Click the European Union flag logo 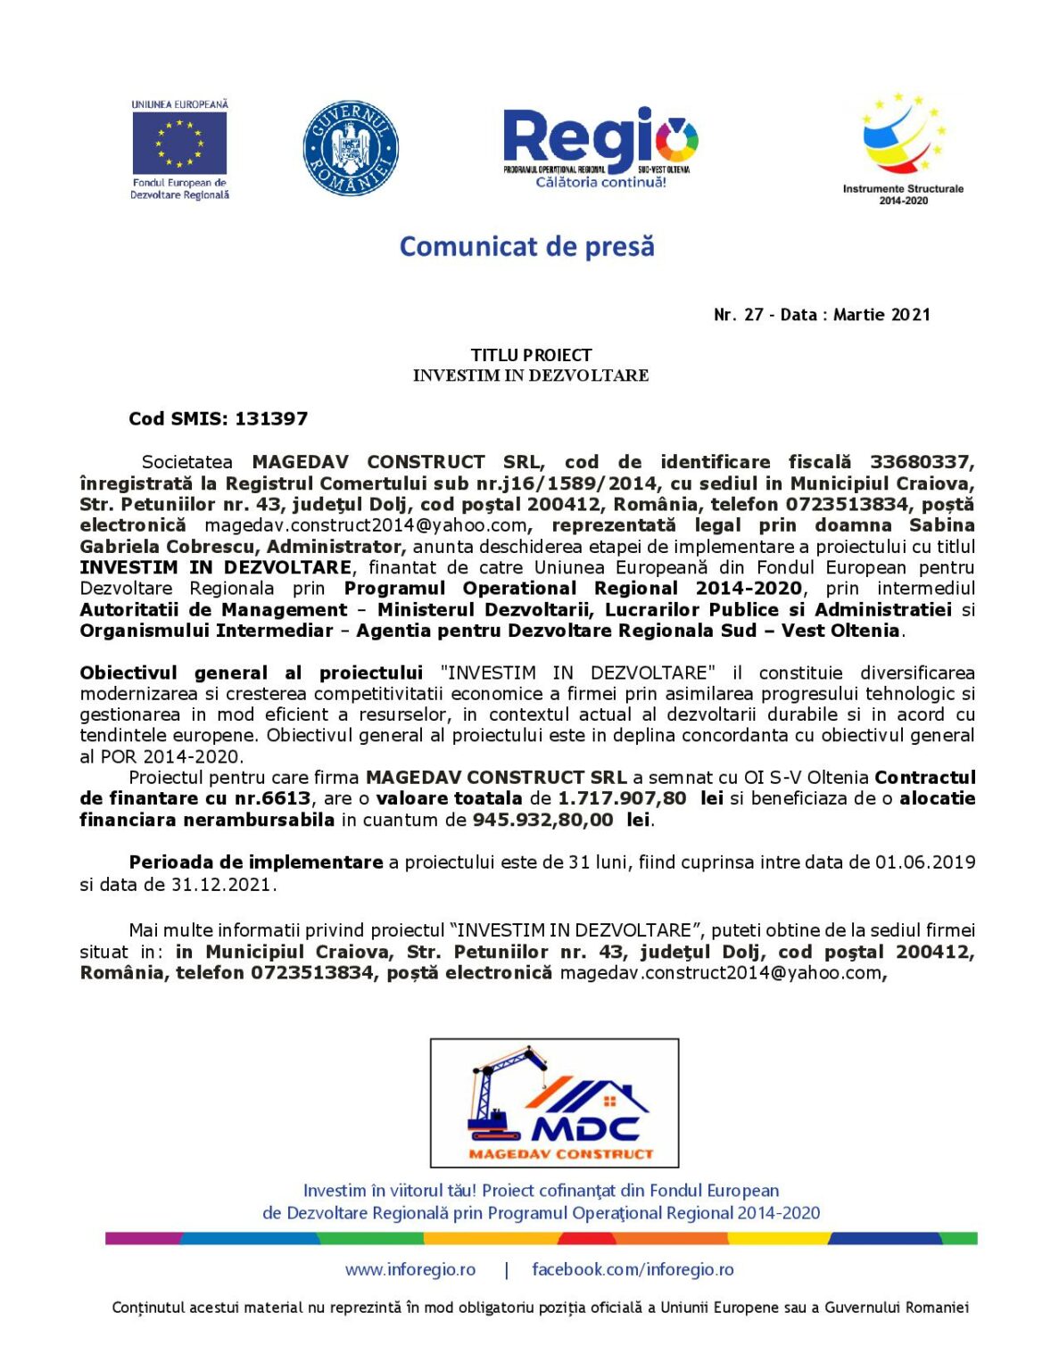(179, 145)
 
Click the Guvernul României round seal (351, 148)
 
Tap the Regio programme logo (600, 146)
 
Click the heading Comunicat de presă (526, 246)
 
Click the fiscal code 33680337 (922, 462)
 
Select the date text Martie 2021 (881, 315)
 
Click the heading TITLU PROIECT (531, 355)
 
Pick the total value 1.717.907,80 (622, 798)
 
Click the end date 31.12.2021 (223, 885)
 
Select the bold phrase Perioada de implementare (255, 862)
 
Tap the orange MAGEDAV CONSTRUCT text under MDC (560, 1153)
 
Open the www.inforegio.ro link (410, 1269)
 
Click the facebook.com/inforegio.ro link (633, 1269)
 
